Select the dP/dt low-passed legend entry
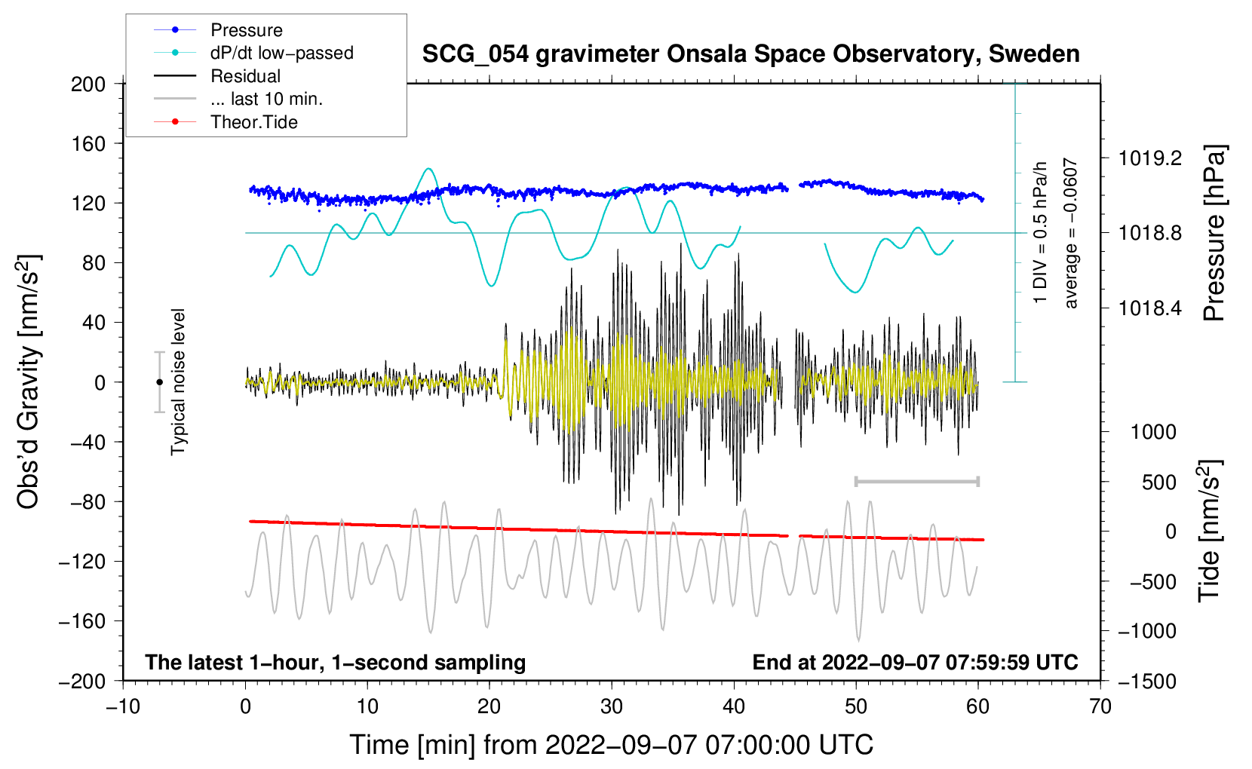pos(281,53)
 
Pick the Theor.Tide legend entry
pos(253,122)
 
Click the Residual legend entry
pos(245,76)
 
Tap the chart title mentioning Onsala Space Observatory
pos(750,54)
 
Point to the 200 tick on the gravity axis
pos(88,84)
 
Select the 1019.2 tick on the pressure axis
pos(1150,158)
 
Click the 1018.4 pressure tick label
pos(1150,308)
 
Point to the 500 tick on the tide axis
pos(1158,482)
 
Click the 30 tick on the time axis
pos(612,706)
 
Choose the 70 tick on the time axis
pos(1100,706)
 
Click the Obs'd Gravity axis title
pos(28,381)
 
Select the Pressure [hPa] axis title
pos(1214,233)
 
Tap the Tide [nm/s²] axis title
pos(1209,531)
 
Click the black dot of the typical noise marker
pos(159,382)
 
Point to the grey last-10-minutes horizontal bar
pos(916,481)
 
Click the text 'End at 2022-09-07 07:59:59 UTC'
pos(915,662)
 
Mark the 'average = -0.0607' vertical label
pos(1071,233)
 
